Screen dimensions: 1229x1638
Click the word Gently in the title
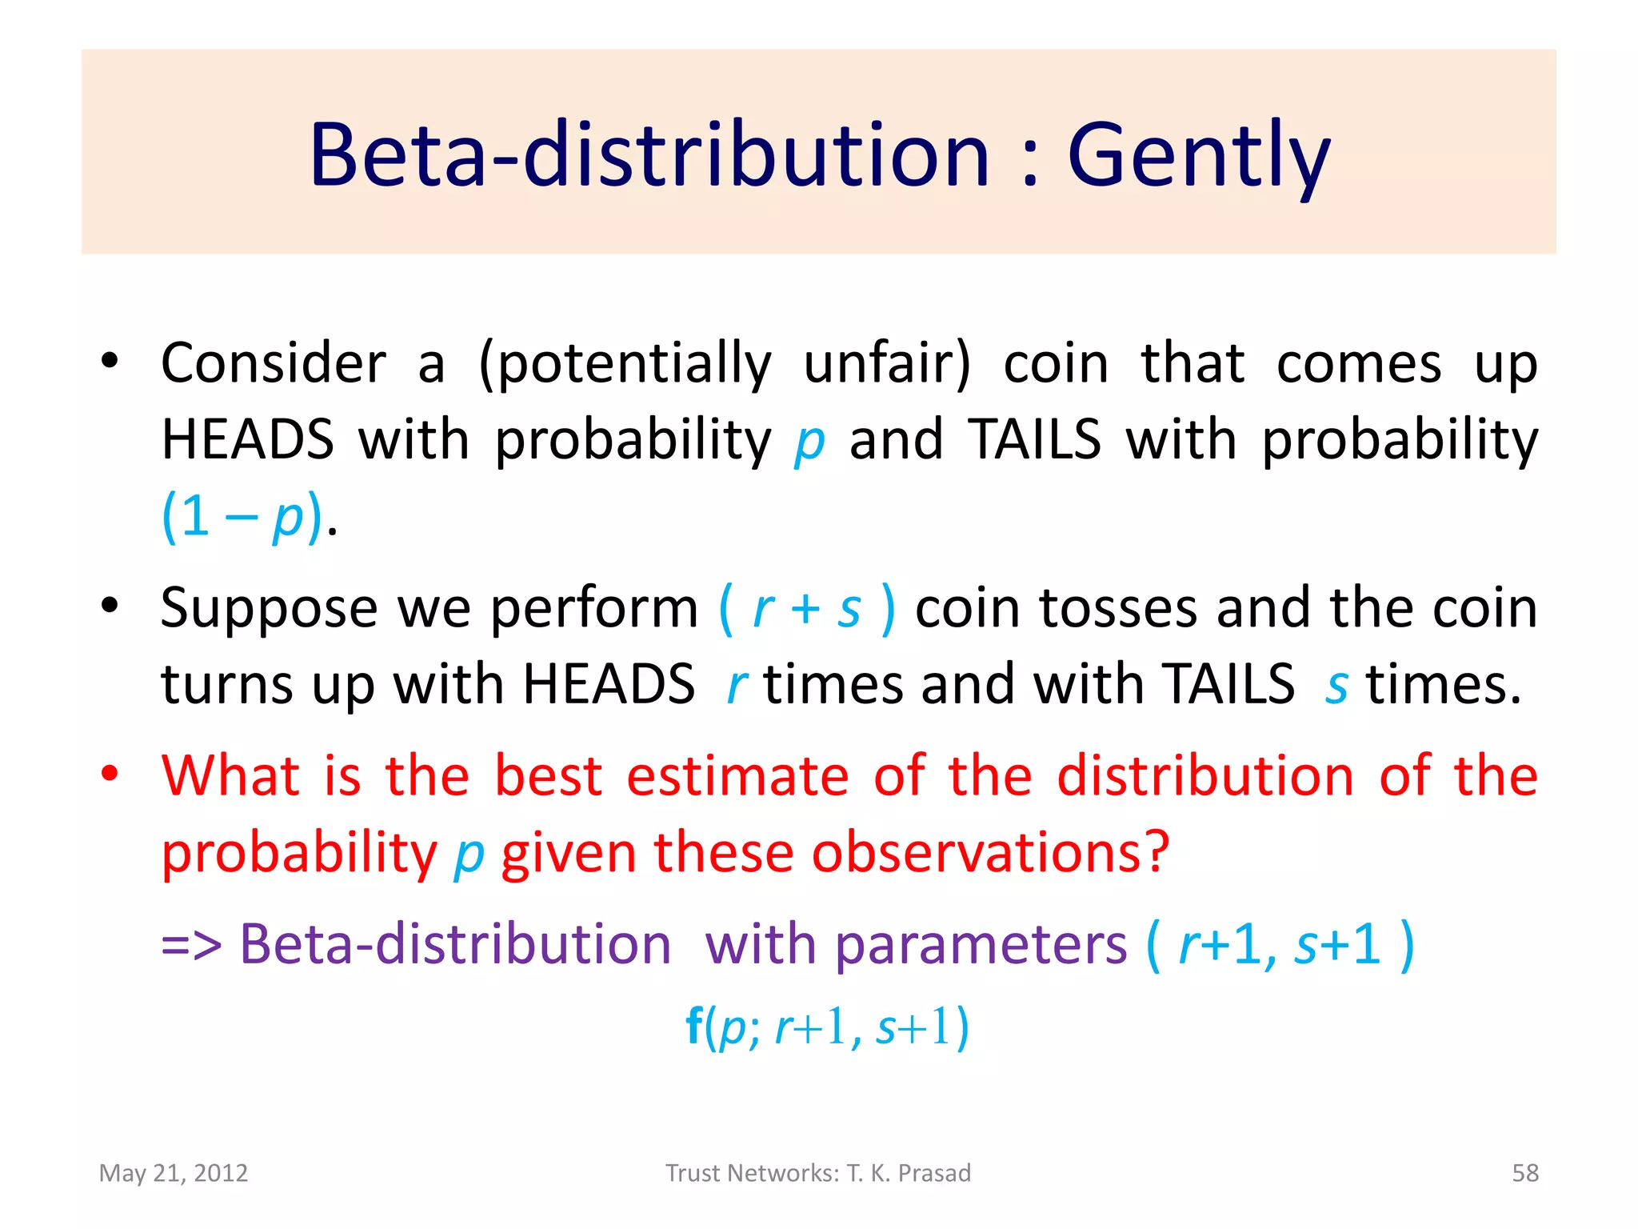(1198, 156)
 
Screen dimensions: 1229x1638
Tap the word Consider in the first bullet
(274, 363)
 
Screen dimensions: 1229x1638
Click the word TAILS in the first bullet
(1035, 439)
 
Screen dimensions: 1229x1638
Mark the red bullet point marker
(110, 774)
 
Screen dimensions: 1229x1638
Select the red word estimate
(737, 776)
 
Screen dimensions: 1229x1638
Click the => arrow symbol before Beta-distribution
(191, 945)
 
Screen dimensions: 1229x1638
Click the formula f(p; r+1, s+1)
(827, 1027)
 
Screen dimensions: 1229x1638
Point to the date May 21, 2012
(174, 1173)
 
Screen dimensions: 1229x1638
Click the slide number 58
(1524, 1173)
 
